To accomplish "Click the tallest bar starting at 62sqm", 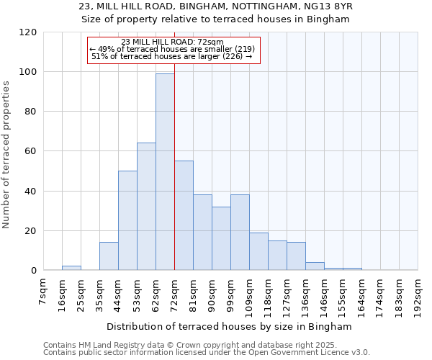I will point(165,173).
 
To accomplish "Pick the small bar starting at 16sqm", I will point(71,268).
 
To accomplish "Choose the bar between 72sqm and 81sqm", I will point(184,216).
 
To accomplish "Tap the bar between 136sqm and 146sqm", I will point(315,266).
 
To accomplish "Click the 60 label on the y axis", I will point(31,151).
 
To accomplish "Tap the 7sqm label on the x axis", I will point(43,297).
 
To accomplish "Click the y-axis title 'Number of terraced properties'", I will point(6,155).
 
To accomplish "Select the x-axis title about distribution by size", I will point(230,326).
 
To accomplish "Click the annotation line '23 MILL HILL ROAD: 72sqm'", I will point(172,42).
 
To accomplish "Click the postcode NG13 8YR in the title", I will point(331,6).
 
